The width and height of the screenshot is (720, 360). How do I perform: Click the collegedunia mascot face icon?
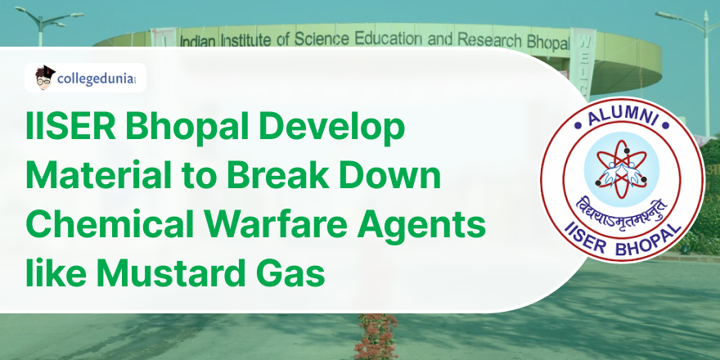tap(45, 78)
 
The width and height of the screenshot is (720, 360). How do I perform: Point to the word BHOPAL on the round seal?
tap(650, 237)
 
